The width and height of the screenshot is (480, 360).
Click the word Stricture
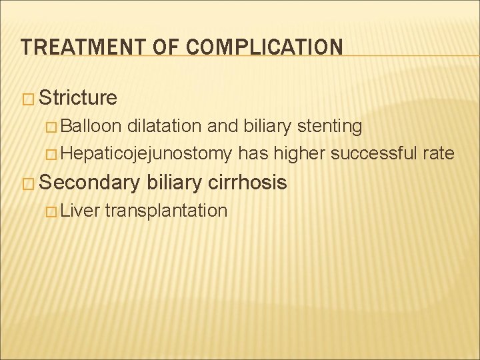78,99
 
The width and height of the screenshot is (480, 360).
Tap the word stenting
329,126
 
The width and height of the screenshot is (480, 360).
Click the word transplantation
166,211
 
